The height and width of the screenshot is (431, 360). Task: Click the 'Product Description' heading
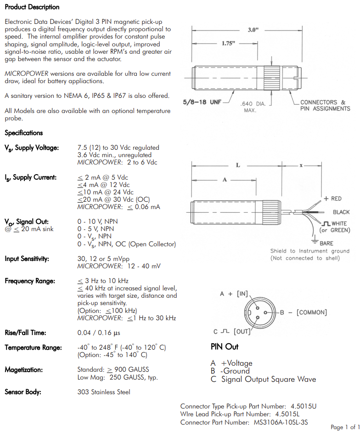32,7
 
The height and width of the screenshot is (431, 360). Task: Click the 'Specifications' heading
23,133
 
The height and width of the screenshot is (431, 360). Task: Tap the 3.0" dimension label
253,30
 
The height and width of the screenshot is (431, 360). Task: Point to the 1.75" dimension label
228,43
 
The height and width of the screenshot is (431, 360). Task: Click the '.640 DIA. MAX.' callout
254,107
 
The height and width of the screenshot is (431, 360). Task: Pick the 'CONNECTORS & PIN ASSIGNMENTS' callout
325,105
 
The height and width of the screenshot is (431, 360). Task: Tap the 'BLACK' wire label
341,212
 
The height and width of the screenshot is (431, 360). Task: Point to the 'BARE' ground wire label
326,243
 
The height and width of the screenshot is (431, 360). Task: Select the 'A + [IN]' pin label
234,294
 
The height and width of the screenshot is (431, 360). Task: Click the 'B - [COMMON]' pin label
304,312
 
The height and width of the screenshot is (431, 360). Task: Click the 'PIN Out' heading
225,346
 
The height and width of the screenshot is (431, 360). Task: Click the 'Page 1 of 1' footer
345,427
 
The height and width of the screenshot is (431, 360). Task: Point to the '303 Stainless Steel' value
104,392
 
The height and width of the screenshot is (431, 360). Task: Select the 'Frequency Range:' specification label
30,281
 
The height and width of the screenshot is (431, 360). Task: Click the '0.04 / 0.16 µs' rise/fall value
99,333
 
